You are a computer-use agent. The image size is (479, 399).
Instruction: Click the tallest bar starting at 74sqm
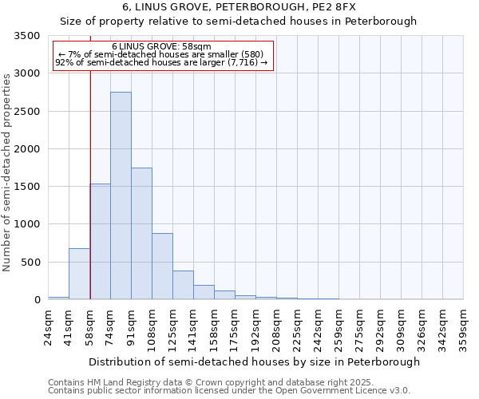[121, 196]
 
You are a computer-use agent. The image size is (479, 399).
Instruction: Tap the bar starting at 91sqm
[141, 233]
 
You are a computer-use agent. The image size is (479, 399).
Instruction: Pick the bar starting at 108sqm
[162, 266]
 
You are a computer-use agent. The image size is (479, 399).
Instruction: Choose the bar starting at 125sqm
[183, 285]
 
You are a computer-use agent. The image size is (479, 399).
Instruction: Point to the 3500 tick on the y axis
[28, 36]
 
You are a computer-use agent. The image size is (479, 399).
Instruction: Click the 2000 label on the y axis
[28, 149]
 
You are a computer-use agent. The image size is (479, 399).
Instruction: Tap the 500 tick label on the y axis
[31, 263]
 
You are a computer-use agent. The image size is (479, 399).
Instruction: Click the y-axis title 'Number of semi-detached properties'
[8, 169]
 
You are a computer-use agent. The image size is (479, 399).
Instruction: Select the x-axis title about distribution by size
[254, 361]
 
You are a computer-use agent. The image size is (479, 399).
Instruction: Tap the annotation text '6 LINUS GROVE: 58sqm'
[162, 47]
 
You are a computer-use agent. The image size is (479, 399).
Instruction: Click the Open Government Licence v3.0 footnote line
[229, 391]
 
